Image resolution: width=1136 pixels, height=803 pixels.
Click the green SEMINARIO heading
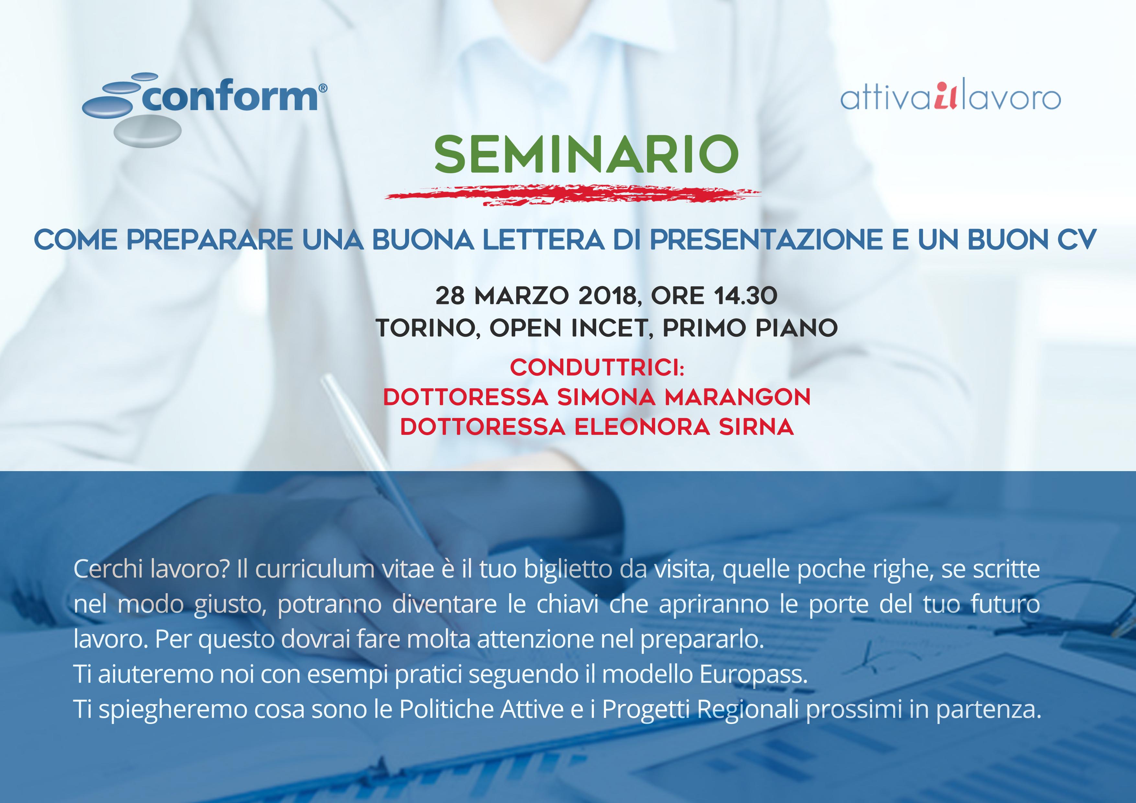click(586, 154)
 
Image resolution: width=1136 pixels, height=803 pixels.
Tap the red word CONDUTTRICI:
click(597, 368)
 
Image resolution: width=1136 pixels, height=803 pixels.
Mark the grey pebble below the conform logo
click(147, 131)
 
